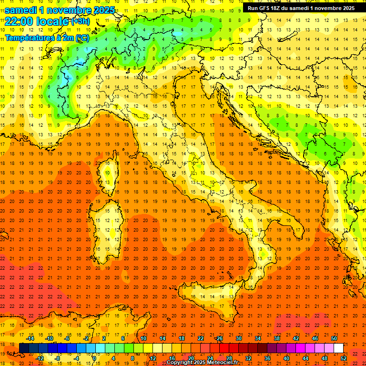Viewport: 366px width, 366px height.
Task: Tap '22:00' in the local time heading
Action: [19, 21]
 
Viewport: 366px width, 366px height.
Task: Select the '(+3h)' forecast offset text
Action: [80, 21]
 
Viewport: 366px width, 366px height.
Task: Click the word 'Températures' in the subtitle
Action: [29, 37]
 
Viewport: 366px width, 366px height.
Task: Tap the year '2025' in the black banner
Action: [345, 8]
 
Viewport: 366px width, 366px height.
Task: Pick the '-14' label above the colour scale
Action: [30, 338]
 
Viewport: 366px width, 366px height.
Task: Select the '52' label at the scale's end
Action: [344, 358]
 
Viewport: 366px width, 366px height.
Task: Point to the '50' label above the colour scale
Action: [334, 338]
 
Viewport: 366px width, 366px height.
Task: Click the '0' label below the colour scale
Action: [94, 358]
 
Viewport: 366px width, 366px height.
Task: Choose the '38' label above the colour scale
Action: [277, 338]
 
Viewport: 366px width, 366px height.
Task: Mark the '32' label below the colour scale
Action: [248, 358]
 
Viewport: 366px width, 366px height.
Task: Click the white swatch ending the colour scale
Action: [339, 348]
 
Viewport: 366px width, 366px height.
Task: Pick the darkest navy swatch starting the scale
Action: [24, 348]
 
